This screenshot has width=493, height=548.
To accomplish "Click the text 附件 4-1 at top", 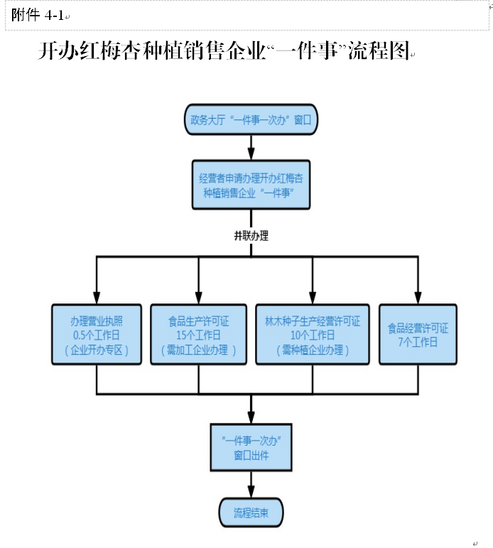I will (x=38, y=15).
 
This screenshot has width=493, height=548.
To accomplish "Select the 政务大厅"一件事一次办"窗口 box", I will (x=250, y=119).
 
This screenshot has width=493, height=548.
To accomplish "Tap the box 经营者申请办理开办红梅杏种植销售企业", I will (x=250, y=185).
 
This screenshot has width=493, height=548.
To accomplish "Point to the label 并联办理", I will (x=251, y=236).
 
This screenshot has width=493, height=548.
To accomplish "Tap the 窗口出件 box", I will (x=251, y=447).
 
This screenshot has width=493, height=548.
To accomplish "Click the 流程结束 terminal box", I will (x=251, y=512).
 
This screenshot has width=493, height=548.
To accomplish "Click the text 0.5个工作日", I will (x=97, y=335).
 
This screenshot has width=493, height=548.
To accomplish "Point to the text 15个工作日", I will (x=198, y=335).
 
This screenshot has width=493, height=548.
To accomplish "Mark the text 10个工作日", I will (x=312, y=335).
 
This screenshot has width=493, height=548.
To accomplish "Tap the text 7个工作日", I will (x=418, y=342).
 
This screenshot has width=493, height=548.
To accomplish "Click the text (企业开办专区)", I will (x=97, y=350).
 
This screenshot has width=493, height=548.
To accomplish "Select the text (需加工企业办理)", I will (x=198, y=350).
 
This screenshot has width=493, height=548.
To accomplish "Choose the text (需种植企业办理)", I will (x=312, y=350).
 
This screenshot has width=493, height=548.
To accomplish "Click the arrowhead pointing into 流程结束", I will (x=251, y=493).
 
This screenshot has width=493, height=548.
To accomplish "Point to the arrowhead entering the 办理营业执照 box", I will (x=97, y=299).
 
